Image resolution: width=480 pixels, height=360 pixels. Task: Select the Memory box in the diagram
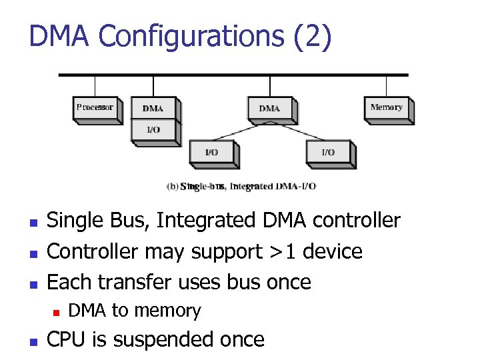pos(387,108)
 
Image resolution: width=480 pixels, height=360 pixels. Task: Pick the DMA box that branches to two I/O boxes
pos(269,108)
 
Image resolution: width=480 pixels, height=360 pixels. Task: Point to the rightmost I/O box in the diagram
pos(328,153)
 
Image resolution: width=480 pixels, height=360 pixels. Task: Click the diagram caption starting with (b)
pos(240,187)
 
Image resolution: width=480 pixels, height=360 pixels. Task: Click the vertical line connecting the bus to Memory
pos(387,86)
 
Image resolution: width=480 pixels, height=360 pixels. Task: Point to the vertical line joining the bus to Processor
pos(95,86)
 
